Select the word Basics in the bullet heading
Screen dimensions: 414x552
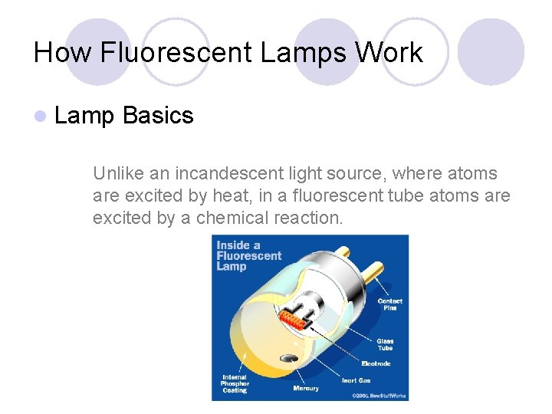158,116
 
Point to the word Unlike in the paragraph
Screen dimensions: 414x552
115,173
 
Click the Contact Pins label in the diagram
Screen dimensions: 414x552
389,304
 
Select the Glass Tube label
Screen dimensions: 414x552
385,344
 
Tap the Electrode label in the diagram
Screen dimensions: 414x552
376,363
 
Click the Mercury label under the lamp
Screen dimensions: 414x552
306,389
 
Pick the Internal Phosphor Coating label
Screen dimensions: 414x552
235,383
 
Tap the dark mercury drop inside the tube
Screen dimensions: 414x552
291,358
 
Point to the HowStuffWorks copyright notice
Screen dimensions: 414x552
379,396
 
